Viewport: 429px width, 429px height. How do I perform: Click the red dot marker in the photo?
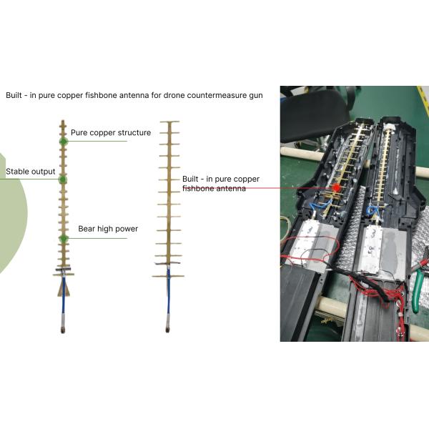(336, 187)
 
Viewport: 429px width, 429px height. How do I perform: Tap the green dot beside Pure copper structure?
(64, 142)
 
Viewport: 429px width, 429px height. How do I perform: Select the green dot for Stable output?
(63, 179)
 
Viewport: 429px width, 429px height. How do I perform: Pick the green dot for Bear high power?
(64, 238)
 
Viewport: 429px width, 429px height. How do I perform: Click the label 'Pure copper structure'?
(111, 133)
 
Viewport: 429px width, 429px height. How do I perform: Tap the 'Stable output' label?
(30, 172)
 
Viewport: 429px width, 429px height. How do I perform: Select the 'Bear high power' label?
(108, 229)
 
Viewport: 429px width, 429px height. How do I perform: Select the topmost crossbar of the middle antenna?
(169, 122)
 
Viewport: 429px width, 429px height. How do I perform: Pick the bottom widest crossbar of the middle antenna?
(168, 276)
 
